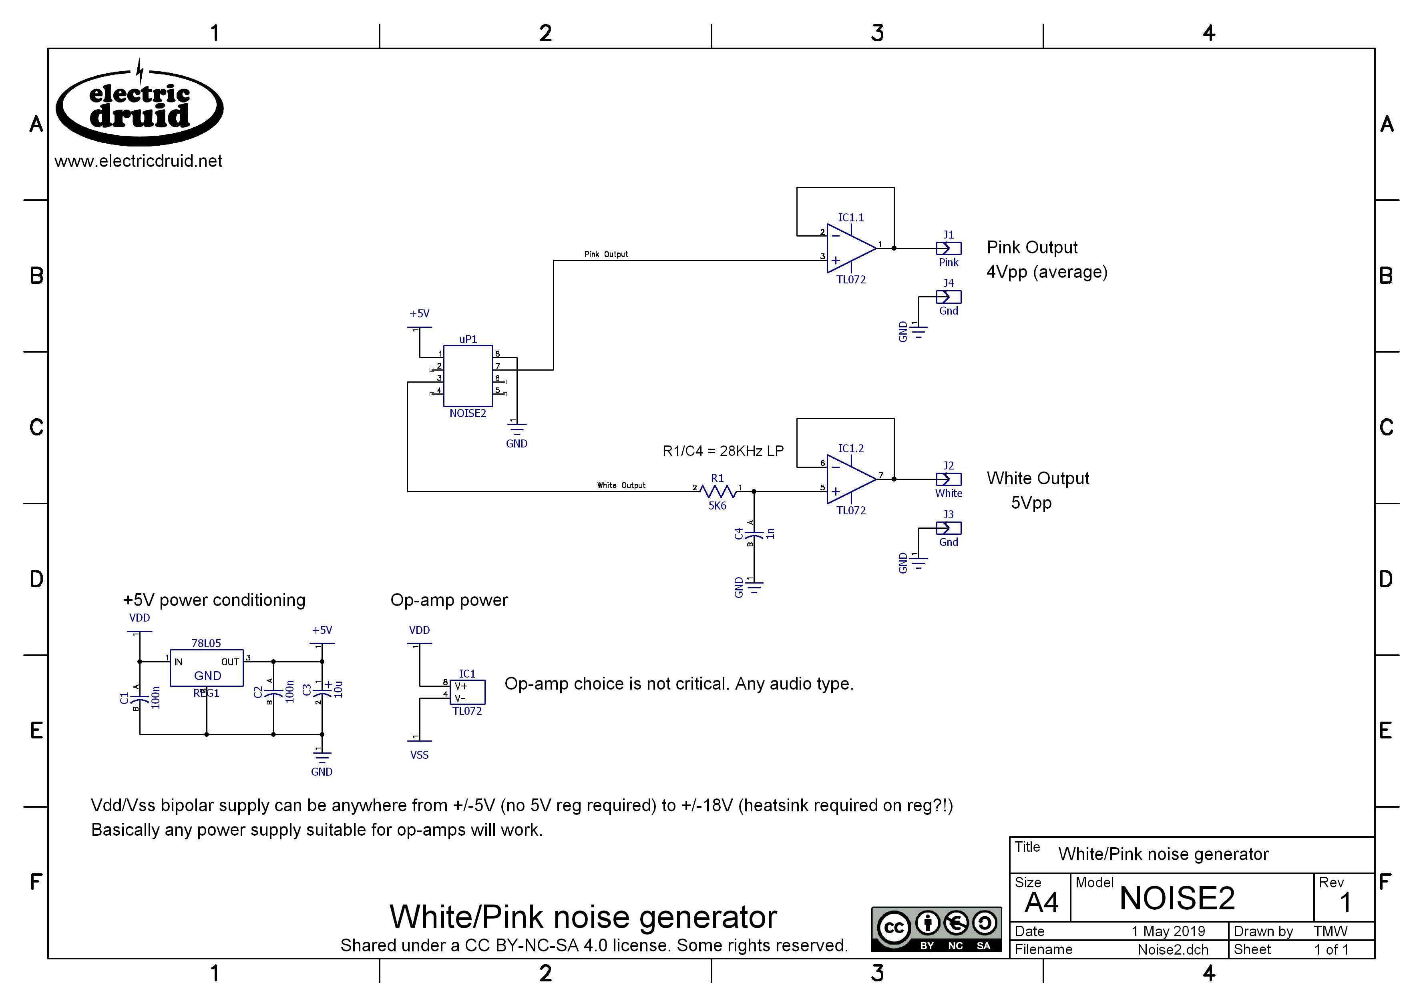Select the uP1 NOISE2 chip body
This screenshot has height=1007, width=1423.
click(x=468, y=376)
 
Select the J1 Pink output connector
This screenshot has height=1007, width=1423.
click(x=949, y=249)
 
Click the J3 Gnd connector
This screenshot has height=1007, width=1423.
click(x=949, y=528)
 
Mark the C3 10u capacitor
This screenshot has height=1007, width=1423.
click(x=322, y=690)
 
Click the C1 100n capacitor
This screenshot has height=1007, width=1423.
click(x=140, y=698)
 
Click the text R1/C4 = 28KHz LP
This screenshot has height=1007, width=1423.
click(x=723, y=451)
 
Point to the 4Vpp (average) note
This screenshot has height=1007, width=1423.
click(x=1047, y=272)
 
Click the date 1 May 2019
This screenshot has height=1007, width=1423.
click(x=1168, y=931)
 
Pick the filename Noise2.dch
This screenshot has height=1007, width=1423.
click(x=1172, y=949)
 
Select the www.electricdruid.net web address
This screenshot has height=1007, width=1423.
click(x=138, y=161)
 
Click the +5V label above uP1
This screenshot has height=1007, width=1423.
click(x=419, y=314)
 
